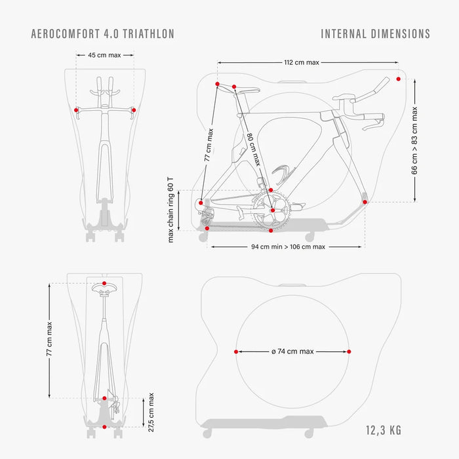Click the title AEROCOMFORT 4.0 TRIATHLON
(x=103, y=33)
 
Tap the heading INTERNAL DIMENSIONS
(x=376, y=33)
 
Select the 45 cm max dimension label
(x=104, y=55)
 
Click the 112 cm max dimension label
(x=302, y=62)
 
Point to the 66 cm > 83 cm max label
(x=414, y=140)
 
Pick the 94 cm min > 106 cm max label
(x=288, y=247)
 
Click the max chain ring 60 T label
(x=170, y=210)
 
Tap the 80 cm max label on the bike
(x=254, y=150)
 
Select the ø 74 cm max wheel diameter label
(x=292, y=351)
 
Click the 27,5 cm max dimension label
(x=151, y=412)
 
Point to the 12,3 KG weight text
(x=384, y=430)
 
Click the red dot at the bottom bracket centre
(x=273, y=210)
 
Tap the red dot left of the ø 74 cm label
(x=236, y=351)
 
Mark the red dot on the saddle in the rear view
(x=104, y=283)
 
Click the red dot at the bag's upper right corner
(x=399, y=79)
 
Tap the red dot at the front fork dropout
(x=365, y=202)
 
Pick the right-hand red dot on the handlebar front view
(x=134, y=110)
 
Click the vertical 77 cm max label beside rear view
(x=49, y=339)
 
